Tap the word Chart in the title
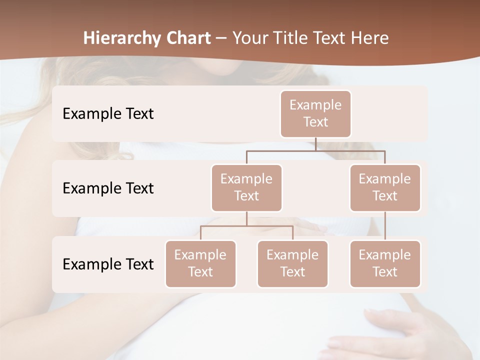pos(188,38)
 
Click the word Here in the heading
pos(369,38)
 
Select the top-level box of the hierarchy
pos(315,114)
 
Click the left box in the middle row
pos(246,188)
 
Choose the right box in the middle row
pos(385,188)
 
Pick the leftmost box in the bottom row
pos(200,264)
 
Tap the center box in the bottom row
pos(292,264)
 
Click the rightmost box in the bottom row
pos(385,264)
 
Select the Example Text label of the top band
pos(108,114)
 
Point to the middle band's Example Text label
pos(108,188)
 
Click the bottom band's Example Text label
pos(108,264)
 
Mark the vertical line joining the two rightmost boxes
pos(385,226)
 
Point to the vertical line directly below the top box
pos(315,144)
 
